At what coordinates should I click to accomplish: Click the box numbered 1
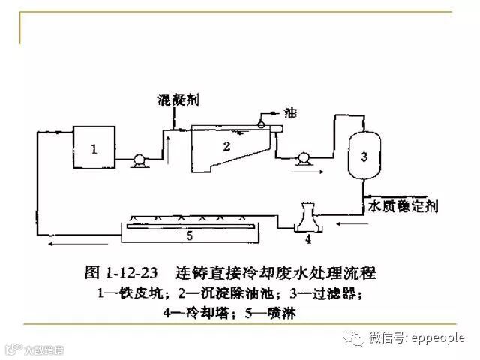[94, 148]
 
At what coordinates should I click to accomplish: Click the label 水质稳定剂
[398, 205]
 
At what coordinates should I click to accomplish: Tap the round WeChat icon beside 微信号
[353, 338]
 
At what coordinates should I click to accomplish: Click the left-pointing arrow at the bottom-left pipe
[63, 244]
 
